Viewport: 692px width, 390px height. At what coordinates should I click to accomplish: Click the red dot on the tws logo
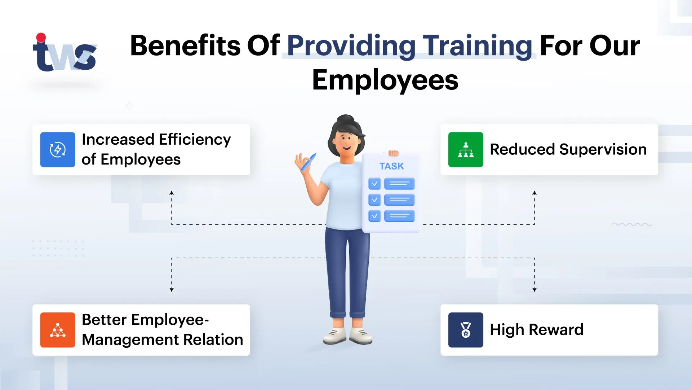tap(41, 38)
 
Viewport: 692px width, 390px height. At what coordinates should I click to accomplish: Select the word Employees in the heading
tap(385, 80)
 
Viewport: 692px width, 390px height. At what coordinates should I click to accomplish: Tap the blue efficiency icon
tap(58, 150)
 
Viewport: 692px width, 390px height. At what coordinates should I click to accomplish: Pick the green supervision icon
tap(466, 150)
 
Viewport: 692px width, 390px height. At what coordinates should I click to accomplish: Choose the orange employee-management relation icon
tap(58, 330)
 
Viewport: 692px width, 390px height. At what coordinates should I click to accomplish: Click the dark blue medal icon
tap(466, 330)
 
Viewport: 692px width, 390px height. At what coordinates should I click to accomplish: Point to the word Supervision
tap(603, 149)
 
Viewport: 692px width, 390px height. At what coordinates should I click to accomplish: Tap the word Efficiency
tap(195, 140)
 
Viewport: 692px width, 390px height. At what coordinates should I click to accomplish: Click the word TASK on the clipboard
tap(391, 166)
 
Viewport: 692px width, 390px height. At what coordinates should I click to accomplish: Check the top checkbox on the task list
tap(374, 184)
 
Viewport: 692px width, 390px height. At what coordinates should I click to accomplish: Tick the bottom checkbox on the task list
tap(374, 216)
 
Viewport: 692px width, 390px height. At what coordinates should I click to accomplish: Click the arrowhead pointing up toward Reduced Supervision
tap(534, 193)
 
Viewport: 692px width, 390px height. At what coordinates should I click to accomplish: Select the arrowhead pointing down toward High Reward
tap(534, 290)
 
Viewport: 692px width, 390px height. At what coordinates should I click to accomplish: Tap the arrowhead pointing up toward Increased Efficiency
tap(172, 193)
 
